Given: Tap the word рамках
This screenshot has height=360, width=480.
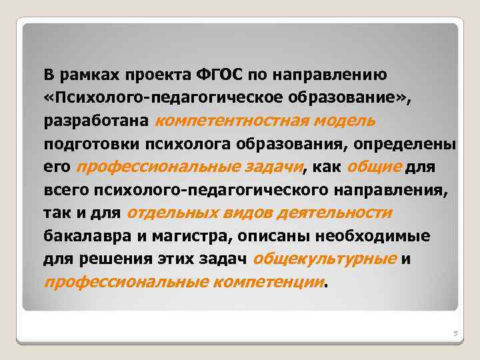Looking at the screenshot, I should [83, 73].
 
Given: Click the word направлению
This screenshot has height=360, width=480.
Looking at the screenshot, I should [334, 73].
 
